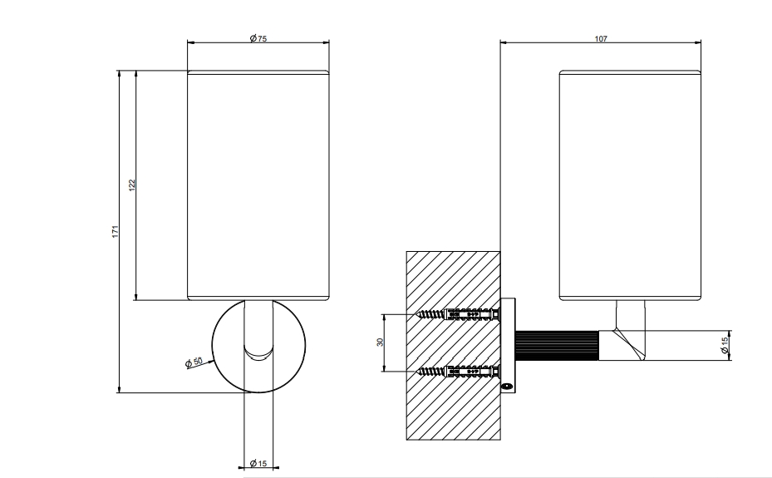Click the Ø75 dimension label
point(258,38)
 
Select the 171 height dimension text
point(116,231)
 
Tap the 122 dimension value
point(132,185)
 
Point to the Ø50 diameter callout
point(194,362)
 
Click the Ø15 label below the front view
point(258,463)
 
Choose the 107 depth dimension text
point(601,39)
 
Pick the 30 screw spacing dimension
point(380,342)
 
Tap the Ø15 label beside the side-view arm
point(725,345)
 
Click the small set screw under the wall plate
point(506,387)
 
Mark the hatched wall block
point(453,345)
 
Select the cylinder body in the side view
point(630,185)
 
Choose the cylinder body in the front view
point(258,185)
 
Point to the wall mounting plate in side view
point(508,345)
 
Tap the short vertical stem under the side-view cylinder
point(630,314)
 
